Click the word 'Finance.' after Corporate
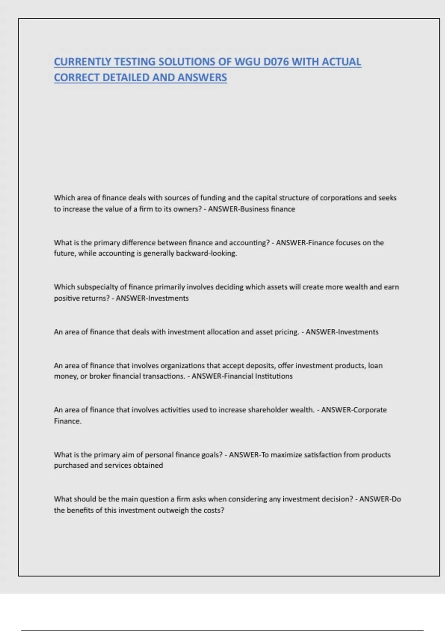click(x=67, y=421)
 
